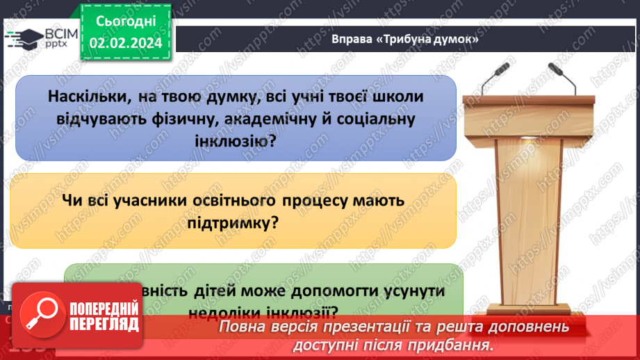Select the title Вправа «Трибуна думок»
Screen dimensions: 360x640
[x=406, y=40]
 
